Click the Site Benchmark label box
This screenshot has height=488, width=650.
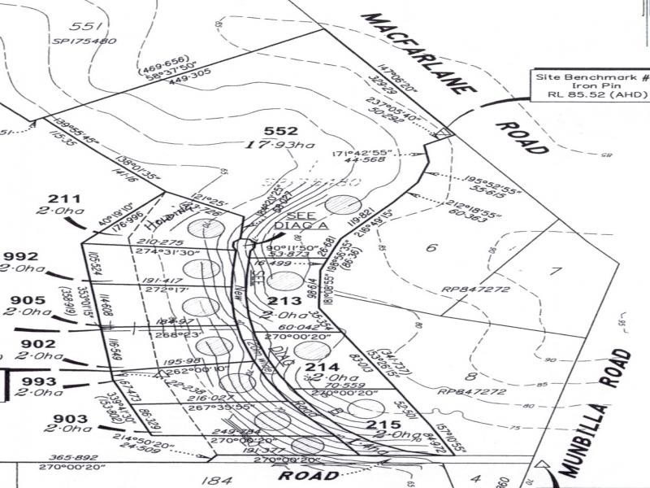[x=591, y=85]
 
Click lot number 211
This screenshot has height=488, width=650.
[x=64, y=198]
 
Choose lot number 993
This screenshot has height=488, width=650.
[x=38, y=381]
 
